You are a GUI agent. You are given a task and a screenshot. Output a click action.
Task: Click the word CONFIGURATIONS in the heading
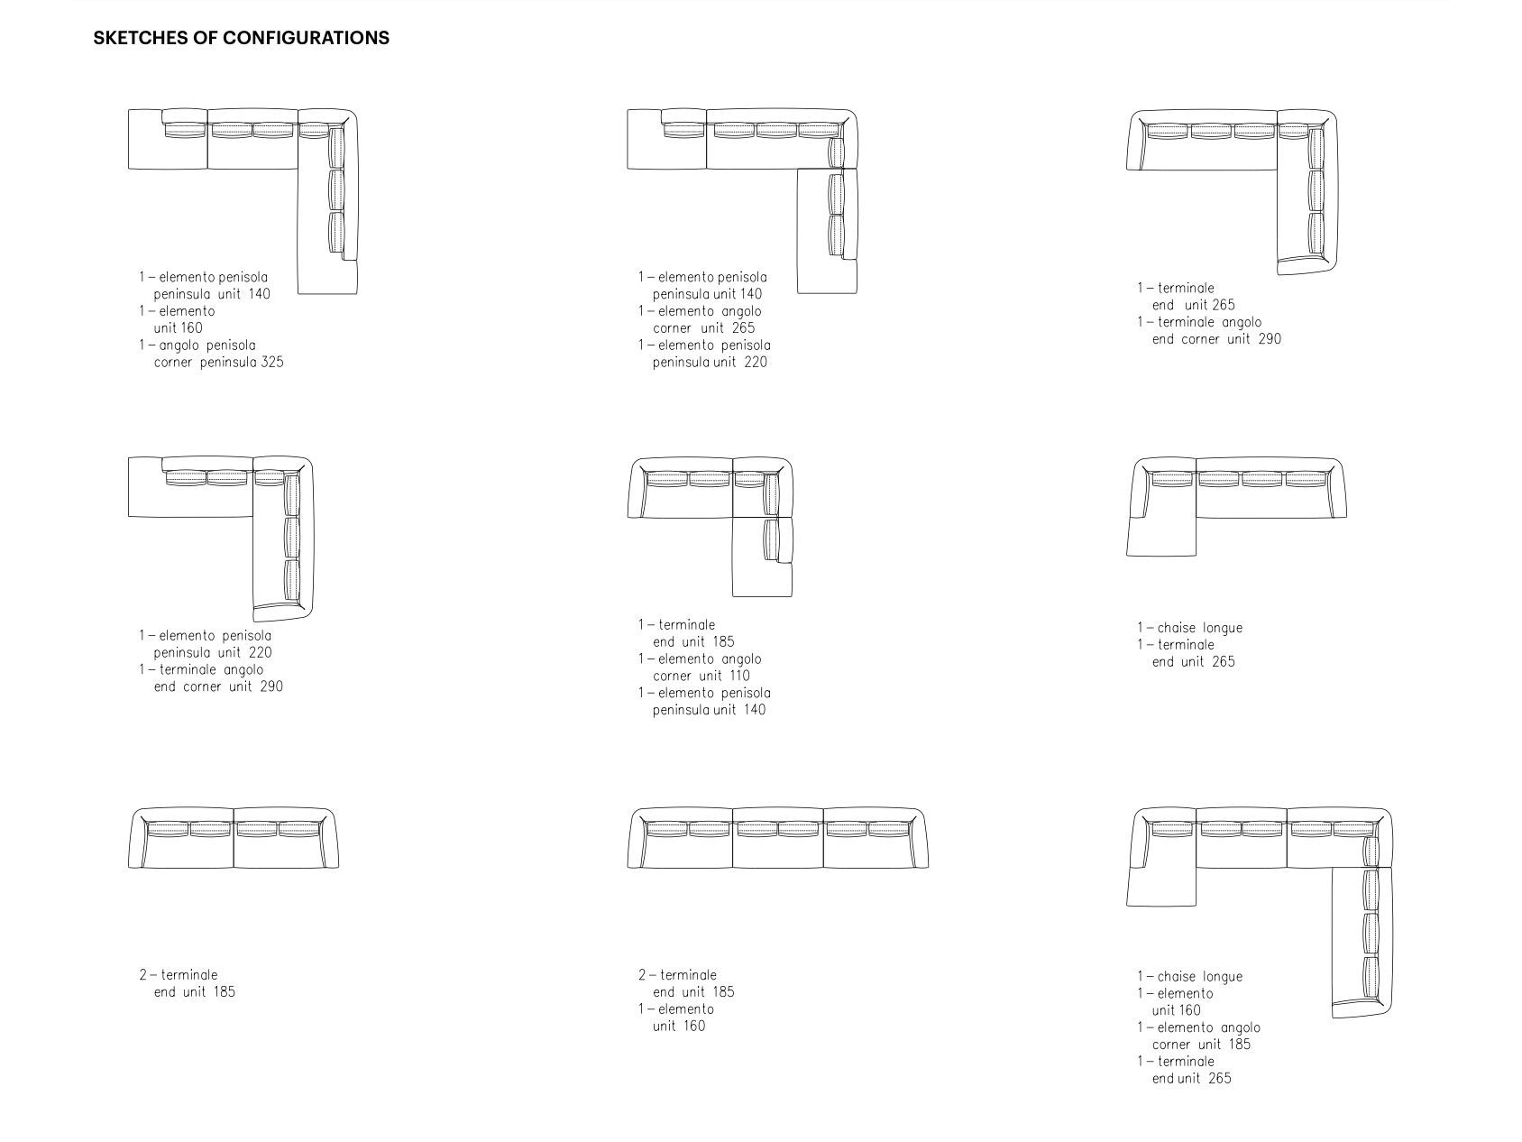tap(306, 38)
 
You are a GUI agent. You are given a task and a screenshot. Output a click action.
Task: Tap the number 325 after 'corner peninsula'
tap(272, 363)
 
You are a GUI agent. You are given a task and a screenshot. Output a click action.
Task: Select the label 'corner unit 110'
tap(701, 676)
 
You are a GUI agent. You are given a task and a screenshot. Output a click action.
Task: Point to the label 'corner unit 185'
tap(1201, 1045)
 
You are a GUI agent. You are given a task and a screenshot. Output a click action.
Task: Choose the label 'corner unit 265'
tap(703, 328)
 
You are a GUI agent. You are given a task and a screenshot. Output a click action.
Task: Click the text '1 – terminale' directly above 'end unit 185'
tap(676, 625)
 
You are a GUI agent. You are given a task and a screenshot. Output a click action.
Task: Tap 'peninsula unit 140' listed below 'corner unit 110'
tap(709, 710)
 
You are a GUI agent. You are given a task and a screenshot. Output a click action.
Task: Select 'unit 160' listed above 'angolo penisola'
tap(178, 328)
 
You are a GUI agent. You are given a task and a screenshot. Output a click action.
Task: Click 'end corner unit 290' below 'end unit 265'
tap(1215, 339)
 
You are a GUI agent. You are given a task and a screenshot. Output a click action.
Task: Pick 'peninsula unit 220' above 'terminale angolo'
tap(212, 653)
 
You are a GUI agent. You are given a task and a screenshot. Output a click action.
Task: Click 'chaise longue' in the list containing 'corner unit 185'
tap(1199, 977)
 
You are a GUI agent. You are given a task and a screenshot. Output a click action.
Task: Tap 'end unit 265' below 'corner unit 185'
tap(1191, 1079)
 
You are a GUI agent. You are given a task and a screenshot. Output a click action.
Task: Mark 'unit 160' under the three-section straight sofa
tap(678, 1027)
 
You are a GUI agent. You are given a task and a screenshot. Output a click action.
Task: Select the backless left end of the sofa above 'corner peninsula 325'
tap(144, 140)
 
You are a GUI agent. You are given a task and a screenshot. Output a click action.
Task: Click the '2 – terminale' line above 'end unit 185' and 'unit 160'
tap(677, 975)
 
